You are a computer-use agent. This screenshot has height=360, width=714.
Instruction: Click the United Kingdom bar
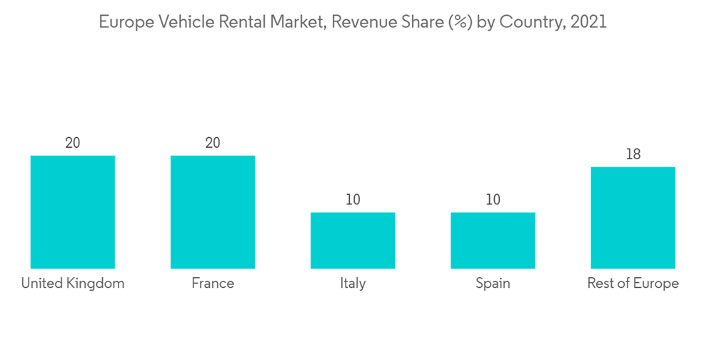tap(73, 212)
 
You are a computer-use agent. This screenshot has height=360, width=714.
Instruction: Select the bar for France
tap(213, 212)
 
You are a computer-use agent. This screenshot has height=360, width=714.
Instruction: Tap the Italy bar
tap(353, 241)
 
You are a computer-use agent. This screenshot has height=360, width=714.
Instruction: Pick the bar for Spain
tap(493, 241)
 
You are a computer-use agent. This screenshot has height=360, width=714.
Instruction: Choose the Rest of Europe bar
tap(633, 218)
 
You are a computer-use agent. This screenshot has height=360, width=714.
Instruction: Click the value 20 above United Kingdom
tap(73, 143)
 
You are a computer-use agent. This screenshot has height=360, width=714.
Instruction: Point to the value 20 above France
tap(213, 143)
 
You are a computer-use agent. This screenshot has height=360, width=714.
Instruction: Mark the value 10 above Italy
tap(353, 200)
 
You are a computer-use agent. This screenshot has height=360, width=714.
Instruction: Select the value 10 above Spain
tap(493, 200)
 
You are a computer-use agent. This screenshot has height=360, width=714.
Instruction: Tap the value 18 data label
tap(633, 154)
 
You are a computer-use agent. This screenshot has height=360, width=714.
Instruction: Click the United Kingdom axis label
tap(73, 284)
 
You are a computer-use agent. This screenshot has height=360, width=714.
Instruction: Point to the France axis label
tap(213, 284)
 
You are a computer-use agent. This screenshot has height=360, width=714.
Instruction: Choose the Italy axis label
tap(353, 284)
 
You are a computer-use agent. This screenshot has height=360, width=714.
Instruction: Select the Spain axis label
tap(493, 284)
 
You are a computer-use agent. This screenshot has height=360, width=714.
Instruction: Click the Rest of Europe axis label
tap(633, 284)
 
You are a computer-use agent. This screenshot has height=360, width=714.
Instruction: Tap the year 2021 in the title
tap(588, 22)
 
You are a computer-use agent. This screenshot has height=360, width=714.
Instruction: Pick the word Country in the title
tap(528, 22)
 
